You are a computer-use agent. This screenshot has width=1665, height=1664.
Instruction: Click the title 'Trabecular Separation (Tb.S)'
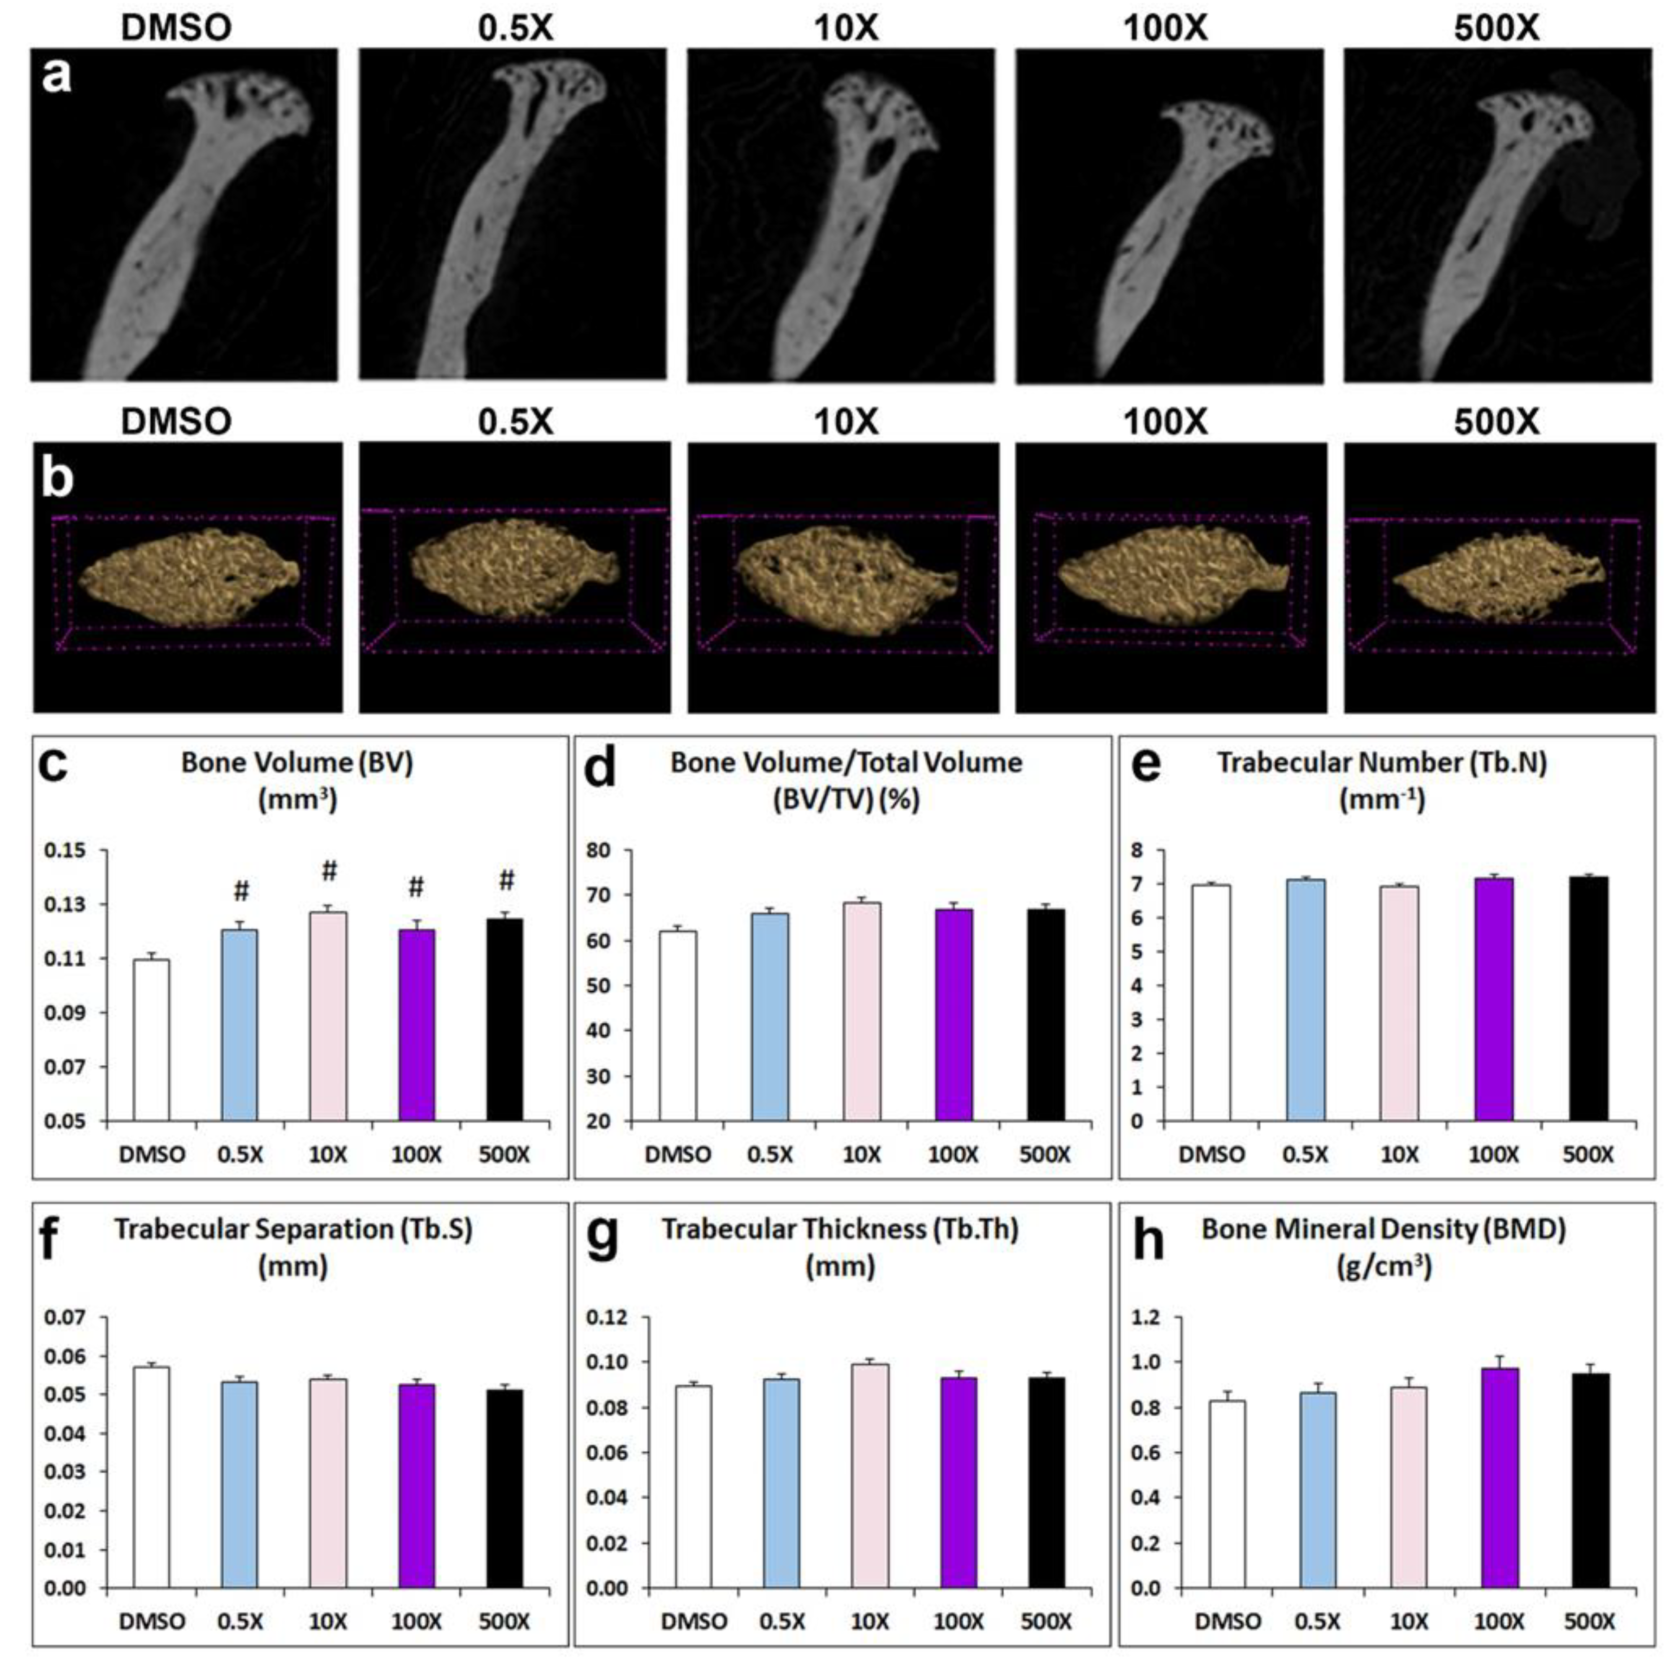293,1230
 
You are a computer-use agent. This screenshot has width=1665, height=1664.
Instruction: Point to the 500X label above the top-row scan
1496,28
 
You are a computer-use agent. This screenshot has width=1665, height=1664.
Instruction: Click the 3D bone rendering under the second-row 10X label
844,578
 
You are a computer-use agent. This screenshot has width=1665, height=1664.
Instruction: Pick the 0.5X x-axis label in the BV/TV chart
770,1155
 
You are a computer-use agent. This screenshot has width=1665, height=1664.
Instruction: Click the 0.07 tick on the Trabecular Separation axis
65,1317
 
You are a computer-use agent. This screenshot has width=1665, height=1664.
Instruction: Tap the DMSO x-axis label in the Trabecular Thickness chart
695,1622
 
